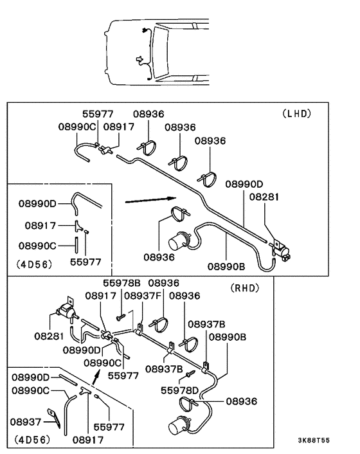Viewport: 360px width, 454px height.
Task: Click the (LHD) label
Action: click(x=296, y=113)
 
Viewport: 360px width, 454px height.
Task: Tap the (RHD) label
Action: click(x=245, y=288)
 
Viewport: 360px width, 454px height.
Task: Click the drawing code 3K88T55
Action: click(x=314, y=440)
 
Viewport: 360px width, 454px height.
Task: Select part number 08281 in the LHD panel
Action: click(x=264, y=197)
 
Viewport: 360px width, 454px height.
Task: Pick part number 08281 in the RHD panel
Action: click(x=49, y=336)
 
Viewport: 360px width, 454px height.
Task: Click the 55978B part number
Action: click(x=122, y=283)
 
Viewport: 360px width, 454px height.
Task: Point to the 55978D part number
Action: click(x=180, y=390)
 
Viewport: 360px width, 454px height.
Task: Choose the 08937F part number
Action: click(x=143, y=296)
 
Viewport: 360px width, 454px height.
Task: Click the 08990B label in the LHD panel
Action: click(x=226, y=266)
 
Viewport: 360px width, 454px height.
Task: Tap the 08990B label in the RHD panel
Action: click(x=228, y=337)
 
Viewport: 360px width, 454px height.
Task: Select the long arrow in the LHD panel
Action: click(x=150, y=200)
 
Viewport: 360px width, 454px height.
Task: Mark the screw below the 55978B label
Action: click(x=120, y=317)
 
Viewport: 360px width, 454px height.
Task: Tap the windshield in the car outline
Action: click(x=160, y=52)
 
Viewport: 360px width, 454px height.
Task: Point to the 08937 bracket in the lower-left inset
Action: click(x=55, y=417)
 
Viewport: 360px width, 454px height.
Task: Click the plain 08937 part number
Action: click(x=26, y=422)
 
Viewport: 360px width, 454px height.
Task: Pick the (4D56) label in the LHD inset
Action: click(x=35, y=264)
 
